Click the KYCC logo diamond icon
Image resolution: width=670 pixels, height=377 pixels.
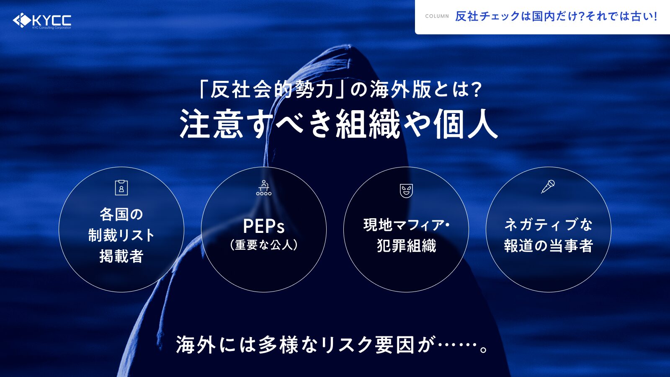[22, 21]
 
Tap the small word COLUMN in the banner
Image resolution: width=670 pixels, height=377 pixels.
[437, 16]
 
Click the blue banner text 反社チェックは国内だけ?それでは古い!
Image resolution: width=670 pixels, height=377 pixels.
[557, 16]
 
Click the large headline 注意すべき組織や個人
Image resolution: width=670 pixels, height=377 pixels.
[339, 124]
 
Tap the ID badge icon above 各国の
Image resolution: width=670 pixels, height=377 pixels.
[121, 188]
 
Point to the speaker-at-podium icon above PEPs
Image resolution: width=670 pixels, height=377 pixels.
[263, 188]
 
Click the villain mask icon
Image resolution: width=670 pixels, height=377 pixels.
[406, 191]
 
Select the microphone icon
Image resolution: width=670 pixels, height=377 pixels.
[548, 187]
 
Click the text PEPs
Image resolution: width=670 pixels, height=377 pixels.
[263, 226]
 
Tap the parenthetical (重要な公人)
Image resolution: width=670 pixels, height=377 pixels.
[263, 245]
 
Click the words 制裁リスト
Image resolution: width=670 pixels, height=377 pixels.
[121, 235]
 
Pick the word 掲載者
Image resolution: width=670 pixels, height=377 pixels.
[121, 256]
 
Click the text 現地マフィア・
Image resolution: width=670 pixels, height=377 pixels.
[406, 225]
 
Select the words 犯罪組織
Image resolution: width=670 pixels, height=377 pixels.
[406, 245]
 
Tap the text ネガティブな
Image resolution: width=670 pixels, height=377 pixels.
[548, 225]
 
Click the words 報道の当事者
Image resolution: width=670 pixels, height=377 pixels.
[548, 245]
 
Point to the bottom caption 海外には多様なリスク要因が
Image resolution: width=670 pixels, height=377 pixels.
[305, 345]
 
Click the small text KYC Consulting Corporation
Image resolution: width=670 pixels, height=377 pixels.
[52, 28]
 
